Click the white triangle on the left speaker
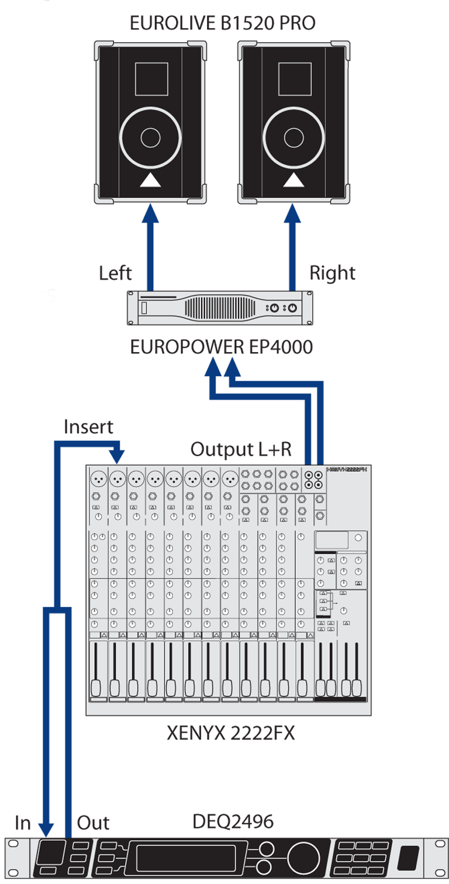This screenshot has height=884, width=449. pyautogui.click(x=150, y=180)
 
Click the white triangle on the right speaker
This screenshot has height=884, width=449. pyautogui.click(x=294, y=180)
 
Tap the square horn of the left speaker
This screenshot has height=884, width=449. pyautogui.click(x=152, y=79)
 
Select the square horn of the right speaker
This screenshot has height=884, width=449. pyautogui.click(x=295, y=79)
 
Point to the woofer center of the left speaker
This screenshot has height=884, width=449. pyautogui.click(x=150, y=138)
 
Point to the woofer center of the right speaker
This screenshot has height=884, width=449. pyautogui.click(x=294, y=138)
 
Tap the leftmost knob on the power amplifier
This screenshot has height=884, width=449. pyautogui.click(x=274, y=308)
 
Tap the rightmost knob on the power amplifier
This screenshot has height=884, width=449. pyautogui.click(x=292, y=308)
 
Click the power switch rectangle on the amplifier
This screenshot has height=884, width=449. pyautogui.click(x=144, y=308)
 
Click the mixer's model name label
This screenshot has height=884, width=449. pyautogui.click(x=346, y=470)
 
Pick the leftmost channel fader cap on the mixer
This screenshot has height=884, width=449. pyautogui.click(x=96, y=687)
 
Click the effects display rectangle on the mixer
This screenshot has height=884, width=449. pyautogui.click(x=332, y=540)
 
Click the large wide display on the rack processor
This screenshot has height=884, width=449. pyautogui.click(x=186, y=858)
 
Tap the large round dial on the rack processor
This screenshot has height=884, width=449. pyautogui.click(x=303, y=858)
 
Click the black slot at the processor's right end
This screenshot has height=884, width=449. pyautogui.click(x=408, y=858)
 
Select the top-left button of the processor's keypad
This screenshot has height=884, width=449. pyautogui.click(x=346, y=846)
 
